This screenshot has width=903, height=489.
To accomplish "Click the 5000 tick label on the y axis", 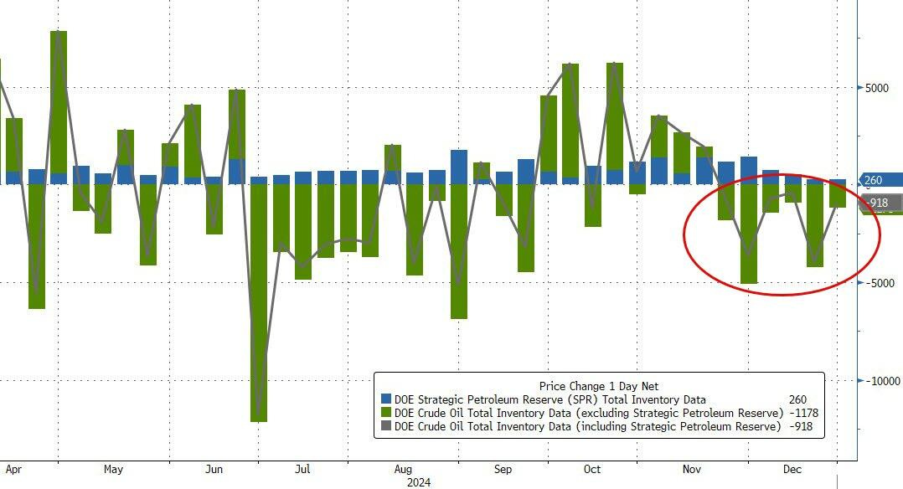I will (878, 87).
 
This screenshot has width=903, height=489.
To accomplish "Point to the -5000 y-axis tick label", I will (880, 283).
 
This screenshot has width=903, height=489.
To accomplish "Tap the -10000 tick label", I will (882, 381).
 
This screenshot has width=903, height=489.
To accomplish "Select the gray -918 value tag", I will (880, 203).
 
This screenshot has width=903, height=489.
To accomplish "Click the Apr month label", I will (14, 470).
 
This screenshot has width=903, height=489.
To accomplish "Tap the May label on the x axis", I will (114, 470).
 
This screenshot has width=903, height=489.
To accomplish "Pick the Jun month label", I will (214, 470).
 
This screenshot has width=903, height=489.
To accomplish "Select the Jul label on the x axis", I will (303, 470).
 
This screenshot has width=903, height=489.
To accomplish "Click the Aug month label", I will (403, 470).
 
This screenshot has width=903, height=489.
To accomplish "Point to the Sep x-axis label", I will (503, 470).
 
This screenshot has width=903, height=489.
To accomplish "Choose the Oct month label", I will (592, 470).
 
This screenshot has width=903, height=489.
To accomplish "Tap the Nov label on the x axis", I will (692, 470).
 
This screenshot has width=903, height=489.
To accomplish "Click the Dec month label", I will (792, 470).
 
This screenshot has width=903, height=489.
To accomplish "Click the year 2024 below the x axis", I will (419, 482).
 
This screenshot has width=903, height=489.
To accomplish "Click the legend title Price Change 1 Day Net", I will (599, 386).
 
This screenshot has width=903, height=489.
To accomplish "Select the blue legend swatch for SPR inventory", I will (386, 400).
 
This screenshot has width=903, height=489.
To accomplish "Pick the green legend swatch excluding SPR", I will (386, 414).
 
